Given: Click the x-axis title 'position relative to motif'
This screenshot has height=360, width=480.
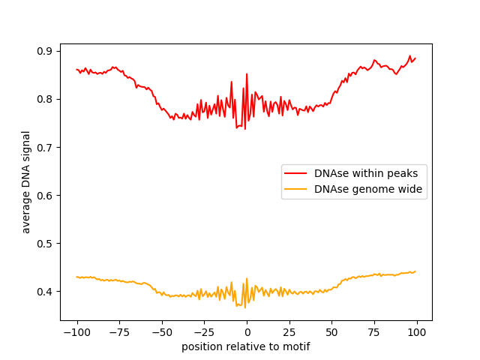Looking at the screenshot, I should [x=246, y=346].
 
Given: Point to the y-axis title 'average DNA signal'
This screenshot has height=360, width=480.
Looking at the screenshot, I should [x=26, y=182].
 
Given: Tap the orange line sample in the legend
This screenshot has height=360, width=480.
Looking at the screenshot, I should [x=297, y=190].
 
